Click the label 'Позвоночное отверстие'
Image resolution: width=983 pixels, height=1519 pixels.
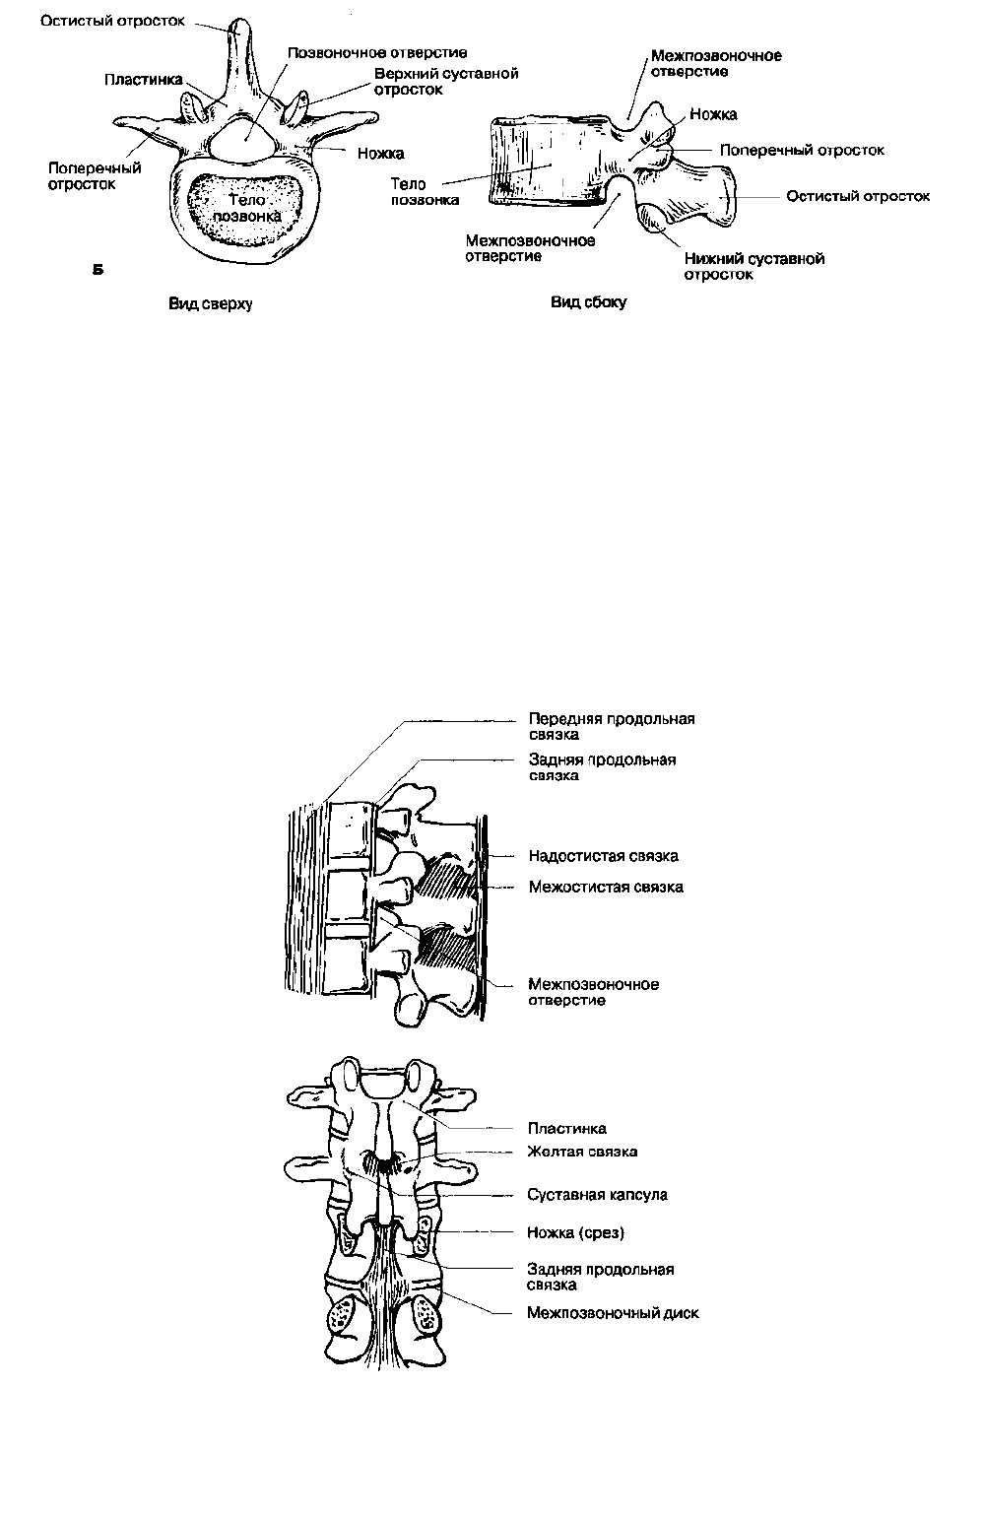(377, 53)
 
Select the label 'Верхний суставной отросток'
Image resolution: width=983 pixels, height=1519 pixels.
(446, 82)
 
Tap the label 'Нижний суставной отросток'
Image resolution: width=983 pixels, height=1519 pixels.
(754, 267)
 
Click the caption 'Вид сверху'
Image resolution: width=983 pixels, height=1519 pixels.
(210, 303)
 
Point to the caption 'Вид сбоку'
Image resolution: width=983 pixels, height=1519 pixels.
(588, 302)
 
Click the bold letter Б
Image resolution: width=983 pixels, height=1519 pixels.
(98, 271)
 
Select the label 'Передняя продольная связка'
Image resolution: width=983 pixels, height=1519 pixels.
(612, 726)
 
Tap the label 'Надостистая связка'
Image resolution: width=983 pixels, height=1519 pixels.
(604, 856)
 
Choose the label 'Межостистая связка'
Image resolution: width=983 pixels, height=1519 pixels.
(606, 887)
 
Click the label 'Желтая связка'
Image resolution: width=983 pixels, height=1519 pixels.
(582, 1152)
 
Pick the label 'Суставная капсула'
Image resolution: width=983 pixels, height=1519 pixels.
(597, 1195)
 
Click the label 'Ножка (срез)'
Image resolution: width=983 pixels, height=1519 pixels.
(575, 1232)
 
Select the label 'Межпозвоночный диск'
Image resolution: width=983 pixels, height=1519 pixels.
(613, 1313)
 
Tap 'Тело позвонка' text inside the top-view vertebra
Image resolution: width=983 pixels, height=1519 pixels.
(247, 208)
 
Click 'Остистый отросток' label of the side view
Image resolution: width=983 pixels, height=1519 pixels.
(858, 197)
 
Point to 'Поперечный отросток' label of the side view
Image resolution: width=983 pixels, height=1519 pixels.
(802, 150)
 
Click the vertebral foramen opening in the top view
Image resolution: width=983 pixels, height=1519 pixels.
(242, 140)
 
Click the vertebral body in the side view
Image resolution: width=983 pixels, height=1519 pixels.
(550, 162)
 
